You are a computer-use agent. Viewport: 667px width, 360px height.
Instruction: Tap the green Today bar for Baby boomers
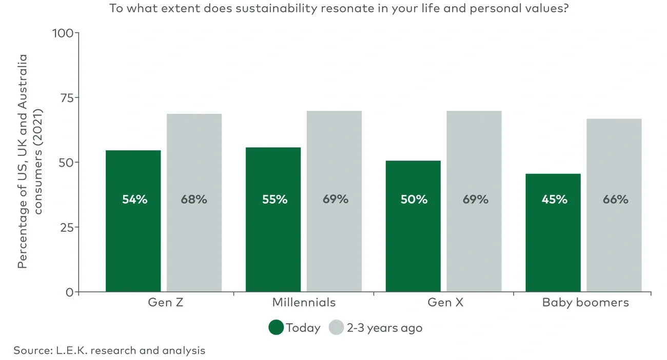(x=553, y=246)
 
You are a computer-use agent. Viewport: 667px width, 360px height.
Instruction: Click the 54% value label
(x=134, y=199)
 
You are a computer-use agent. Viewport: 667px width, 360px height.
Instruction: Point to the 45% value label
(x=554, y=199)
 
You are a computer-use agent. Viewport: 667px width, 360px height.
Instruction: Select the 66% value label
(x=615, y=199)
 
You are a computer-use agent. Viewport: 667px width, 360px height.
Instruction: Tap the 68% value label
(x=194, y=199)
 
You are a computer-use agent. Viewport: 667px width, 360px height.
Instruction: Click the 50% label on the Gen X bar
(x=414, y=199)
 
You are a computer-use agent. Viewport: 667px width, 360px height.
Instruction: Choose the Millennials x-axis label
(x=304, y=302)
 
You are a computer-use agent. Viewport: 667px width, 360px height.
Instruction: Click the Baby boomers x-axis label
(x=585, y=302)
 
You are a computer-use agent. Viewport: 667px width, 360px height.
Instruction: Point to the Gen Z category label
(x=166, y=302)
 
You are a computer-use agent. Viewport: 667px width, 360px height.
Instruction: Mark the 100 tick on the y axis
(x=63, y=33)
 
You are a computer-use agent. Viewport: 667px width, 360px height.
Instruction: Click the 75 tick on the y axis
(x=66, y=97)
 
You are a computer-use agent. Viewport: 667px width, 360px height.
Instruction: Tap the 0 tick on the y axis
(x=70, y=292)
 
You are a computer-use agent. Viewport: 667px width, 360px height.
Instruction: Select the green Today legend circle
(x=276, y=328)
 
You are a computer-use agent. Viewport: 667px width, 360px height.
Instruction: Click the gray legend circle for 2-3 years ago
(x=336, y=328)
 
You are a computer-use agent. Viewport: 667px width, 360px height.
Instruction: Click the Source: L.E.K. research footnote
(x=109, y=350)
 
